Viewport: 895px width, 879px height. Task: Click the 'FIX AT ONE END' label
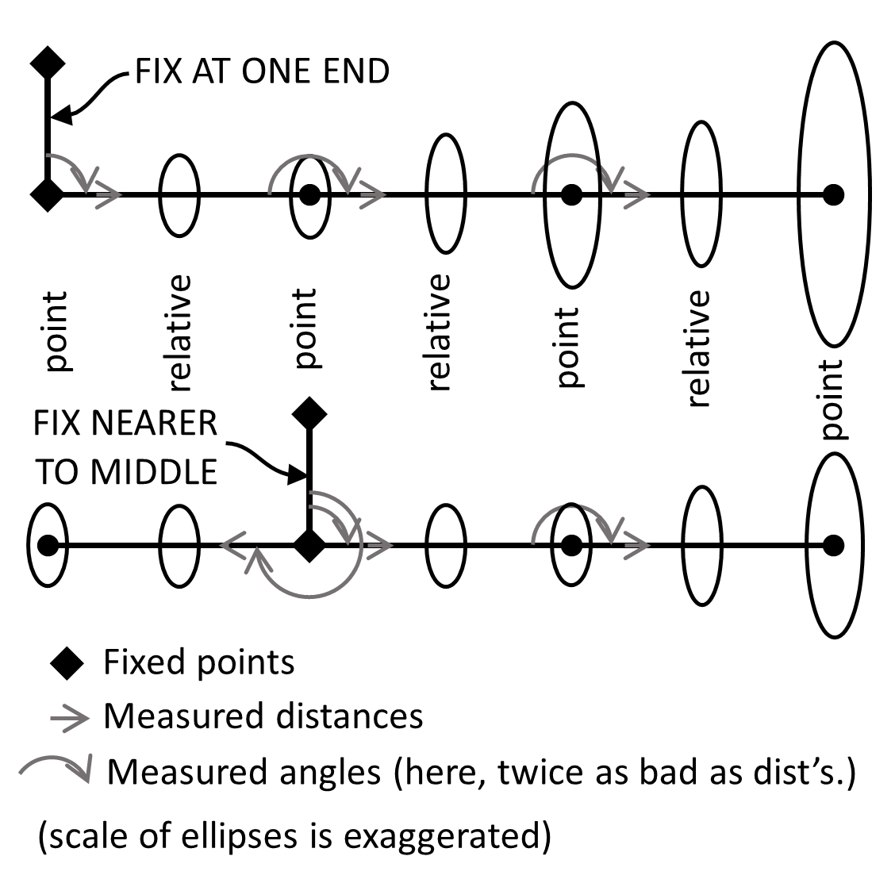tap(262, 71)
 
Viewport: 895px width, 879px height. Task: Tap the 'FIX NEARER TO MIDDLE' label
tap(125, 447)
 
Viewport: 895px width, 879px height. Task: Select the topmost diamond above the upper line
tap(47, 63)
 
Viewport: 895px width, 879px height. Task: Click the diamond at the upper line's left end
tap(47, 194)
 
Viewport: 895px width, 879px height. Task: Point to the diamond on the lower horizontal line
tap(309, 546)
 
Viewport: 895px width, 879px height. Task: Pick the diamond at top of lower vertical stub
tap(309, 413)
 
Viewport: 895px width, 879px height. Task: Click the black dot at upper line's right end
tap(832, 194)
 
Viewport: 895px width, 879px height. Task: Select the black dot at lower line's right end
tap(832, 546)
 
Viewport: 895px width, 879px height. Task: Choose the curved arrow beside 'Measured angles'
tap(56, 768)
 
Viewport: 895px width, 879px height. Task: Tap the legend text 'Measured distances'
tap(263, 716)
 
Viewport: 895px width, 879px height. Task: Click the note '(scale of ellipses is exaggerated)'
tap(294, 836)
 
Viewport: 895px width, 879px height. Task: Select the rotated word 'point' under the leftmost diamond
tap(55, 332)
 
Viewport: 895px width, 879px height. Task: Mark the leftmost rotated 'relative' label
tap(179, 333)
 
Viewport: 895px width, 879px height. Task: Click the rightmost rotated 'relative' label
tap(697, 348)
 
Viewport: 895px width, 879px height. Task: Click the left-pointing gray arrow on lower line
tap(233, 546)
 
